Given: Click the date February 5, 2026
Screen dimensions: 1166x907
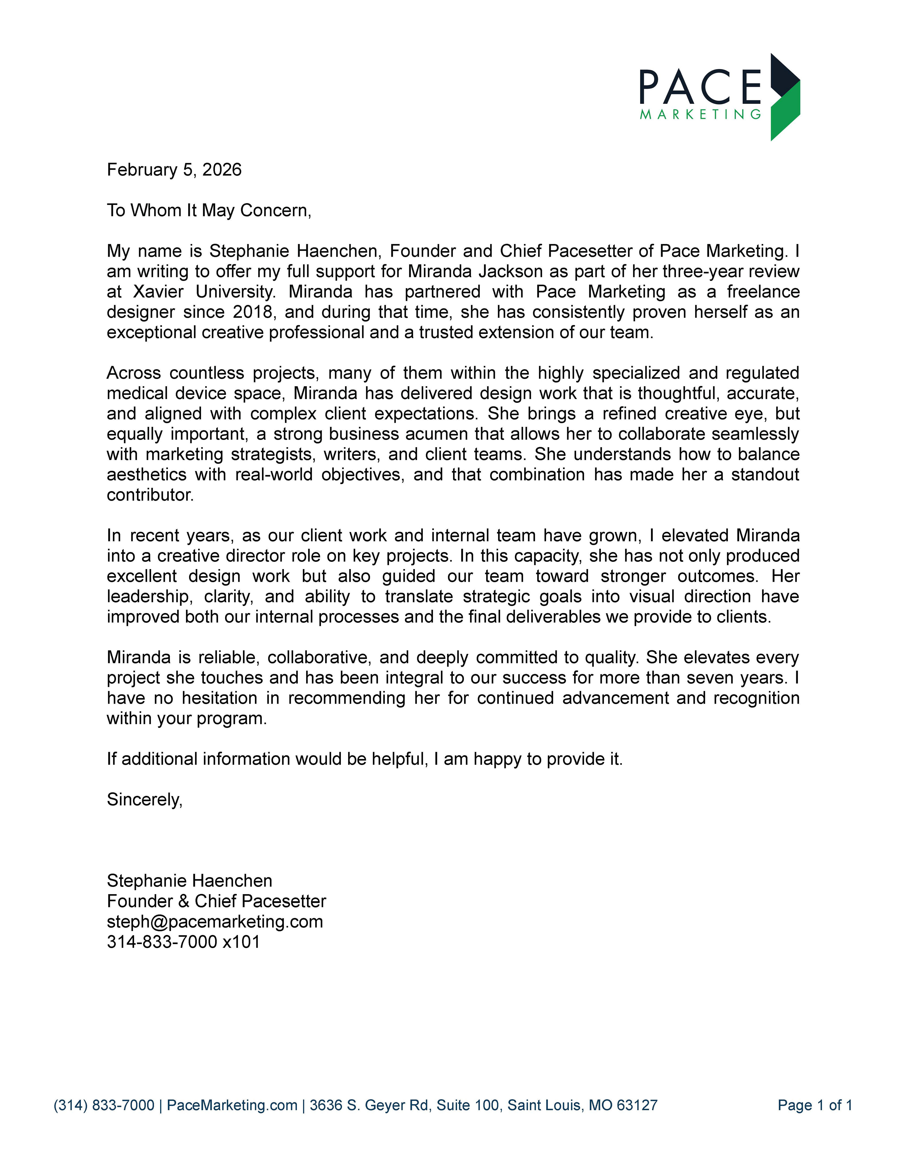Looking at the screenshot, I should (174, 170).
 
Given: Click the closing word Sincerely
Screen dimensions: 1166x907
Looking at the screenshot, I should (144, 799).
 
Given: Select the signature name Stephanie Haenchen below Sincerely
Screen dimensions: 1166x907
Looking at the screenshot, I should (190, 880).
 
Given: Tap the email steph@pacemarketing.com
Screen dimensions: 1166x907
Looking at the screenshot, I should (215, 921).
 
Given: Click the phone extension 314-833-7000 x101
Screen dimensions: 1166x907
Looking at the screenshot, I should (183, 942).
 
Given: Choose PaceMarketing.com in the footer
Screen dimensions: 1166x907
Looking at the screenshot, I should (232, 1105).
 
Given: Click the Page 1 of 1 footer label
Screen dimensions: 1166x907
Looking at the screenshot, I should (815, 1105).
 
